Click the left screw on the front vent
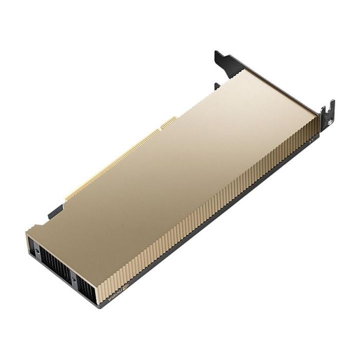[37, 250]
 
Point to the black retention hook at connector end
[55, 211]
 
